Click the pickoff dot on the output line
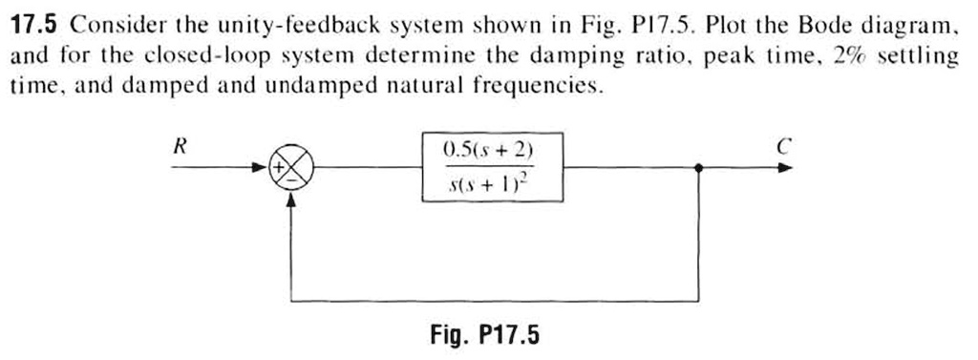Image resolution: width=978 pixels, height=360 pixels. click(701, 168)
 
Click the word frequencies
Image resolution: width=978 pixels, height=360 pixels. click(546, 87)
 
